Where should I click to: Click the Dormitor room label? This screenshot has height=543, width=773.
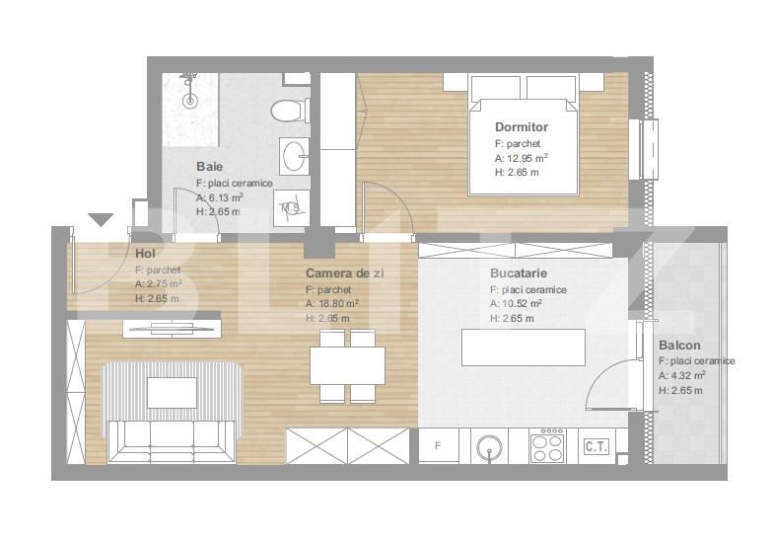pos(521,126)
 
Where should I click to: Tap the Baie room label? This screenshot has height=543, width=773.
pos(209,166)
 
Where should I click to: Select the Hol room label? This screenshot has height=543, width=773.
pos(146,253)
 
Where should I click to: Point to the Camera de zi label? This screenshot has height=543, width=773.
pos(345,272)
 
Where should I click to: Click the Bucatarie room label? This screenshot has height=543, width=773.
pos(519,272)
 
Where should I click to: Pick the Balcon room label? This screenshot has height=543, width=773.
pos(679,346)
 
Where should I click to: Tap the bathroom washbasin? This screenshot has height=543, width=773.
pos(294,156)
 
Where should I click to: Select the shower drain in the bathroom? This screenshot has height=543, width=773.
pos(189,101)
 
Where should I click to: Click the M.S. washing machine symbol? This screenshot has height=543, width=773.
pos(291,208)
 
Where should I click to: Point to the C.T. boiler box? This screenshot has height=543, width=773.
pos(597,446)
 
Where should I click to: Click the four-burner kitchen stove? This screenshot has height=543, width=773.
pos(547,445)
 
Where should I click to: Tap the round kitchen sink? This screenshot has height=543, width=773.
pos(489,446)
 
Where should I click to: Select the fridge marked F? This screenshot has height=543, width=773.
pos(438,446)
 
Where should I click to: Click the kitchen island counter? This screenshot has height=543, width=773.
pos(523,348)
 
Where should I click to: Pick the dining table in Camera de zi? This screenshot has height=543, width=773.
pos(347,365)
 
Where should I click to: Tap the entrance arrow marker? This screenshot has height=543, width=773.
pos(101,219)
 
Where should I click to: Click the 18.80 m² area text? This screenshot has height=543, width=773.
pos(331,304)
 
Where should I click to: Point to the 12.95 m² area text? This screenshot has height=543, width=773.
pos(522,158)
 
